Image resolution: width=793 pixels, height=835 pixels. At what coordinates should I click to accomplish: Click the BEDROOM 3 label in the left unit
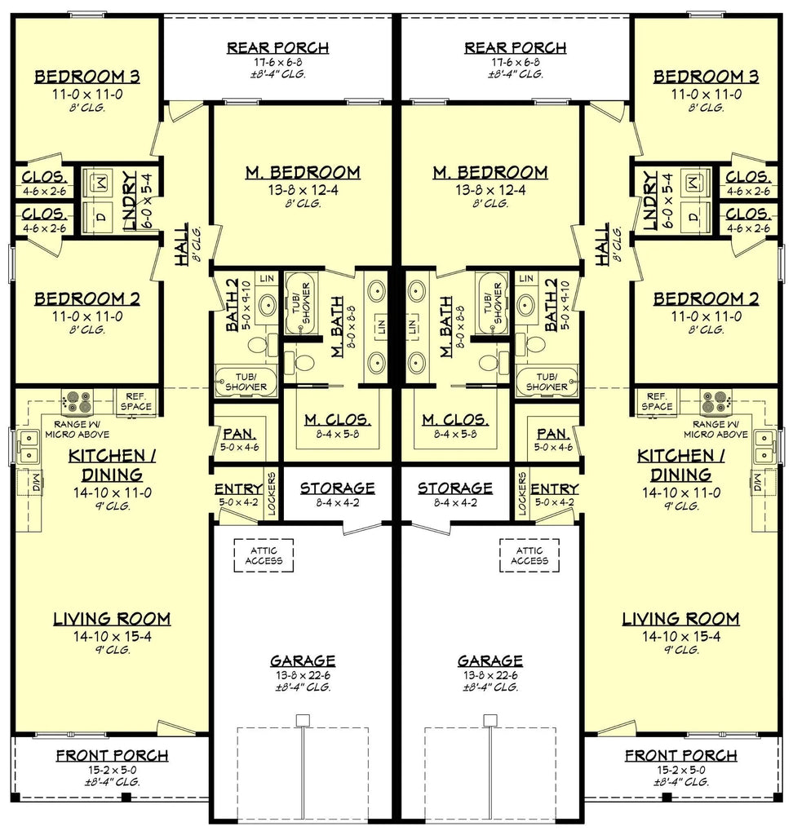pyautogui.click(x=86, y=77)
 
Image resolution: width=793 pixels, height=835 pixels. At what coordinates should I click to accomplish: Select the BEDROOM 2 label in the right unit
pyautogui.click(x=706, y=298)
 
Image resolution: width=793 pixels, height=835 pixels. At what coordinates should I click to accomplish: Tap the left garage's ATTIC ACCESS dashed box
pyautogui.click(x=264, y=555)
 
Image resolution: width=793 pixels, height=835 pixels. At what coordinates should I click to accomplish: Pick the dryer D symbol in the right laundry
pyautogui.click(x=693, y=217)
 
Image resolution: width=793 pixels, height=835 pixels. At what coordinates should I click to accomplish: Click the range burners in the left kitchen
pyautogui.click(x=78, y=400)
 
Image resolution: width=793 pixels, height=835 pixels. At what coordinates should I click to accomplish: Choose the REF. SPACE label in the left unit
pyautogui.click(x=135, y=400)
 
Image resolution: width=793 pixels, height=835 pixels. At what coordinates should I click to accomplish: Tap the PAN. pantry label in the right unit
pyautogui.click(x=554, y=434)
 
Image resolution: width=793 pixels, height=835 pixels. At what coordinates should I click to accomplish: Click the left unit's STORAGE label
pyautogui.click(x=337, y=488)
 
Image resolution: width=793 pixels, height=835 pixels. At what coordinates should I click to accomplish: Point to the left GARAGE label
pyautogui.click(x=303, y=660)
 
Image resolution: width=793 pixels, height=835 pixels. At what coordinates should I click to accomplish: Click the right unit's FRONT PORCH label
pyautogui.click(x=680, y=756)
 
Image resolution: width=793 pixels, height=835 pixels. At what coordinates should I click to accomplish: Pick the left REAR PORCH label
pyautogui.click(x=277, y=48)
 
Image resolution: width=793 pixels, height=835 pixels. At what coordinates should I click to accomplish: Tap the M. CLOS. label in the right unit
pyautogui.click(x=454, y=421)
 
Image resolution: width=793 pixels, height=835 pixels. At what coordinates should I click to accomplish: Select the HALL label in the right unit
pyautogui.click(x=603, y=245)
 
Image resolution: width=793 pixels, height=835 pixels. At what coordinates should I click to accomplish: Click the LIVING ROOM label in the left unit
pyautogui.click(x=112, y=619)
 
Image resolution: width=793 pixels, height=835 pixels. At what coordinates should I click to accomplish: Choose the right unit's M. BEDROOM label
pyautogui.click(x=490, y=173)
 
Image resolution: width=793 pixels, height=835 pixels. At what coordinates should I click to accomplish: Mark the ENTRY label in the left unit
pyautogui.click(x=238, y=489)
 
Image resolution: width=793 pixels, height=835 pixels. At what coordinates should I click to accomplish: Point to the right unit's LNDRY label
pyautogui.click(x=650, y=201)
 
